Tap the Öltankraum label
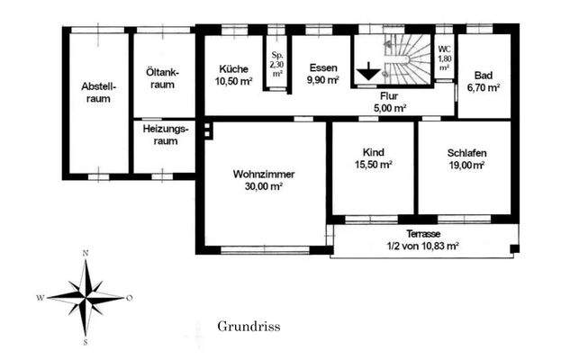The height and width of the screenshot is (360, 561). (163, 78)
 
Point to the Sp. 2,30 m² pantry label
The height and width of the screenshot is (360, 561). (277, 65)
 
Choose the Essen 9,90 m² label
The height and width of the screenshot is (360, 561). (322, 75)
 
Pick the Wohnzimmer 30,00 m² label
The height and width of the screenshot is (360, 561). (264, 180)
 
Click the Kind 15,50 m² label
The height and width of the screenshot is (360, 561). (372, 159)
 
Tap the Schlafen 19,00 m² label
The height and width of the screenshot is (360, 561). (466, 159)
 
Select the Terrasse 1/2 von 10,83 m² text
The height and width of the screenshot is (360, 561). (422, 238)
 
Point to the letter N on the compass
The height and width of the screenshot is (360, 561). (86, 254)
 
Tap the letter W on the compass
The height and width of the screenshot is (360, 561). (40, 297)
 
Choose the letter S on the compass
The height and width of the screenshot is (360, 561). (85, 342)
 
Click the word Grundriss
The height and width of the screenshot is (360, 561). (249, 327)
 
